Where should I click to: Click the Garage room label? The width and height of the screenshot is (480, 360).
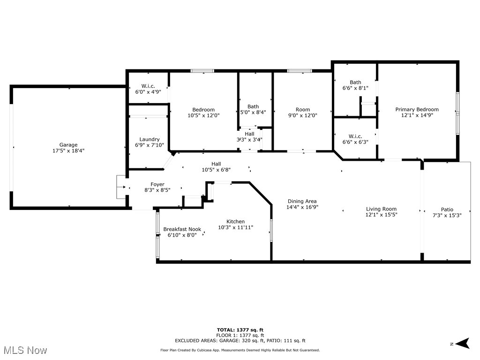(68, 145)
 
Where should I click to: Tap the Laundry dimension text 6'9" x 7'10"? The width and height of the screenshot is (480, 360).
(150, 145)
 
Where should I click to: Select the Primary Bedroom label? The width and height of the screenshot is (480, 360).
(417, 109)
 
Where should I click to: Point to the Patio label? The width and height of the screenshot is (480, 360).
(447, 210)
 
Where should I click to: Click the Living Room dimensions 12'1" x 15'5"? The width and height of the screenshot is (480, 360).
(381, 215)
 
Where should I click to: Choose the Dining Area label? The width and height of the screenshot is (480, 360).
(302, 201)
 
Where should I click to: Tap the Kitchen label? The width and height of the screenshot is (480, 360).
(235, 221)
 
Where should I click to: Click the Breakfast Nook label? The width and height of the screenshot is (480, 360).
(182, 229)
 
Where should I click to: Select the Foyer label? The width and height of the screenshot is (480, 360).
(157, 184)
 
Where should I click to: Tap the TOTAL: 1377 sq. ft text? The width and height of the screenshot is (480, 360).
(240, 330)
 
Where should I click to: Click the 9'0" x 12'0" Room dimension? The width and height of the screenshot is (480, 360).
(302, 115)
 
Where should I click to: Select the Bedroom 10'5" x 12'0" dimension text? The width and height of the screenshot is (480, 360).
(203, 115)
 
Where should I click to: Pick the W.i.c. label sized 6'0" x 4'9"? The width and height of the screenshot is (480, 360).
(148, 86)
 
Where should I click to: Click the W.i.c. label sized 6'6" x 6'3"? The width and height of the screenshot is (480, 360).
(355, 133)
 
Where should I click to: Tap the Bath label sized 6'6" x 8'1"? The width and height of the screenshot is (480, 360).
(355, 82)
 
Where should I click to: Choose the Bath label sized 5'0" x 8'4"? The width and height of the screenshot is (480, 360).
(253, 106)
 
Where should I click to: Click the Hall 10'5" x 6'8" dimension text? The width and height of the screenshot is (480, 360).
(216, 170)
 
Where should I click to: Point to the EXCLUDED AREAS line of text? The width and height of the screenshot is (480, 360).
(240, 341)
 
